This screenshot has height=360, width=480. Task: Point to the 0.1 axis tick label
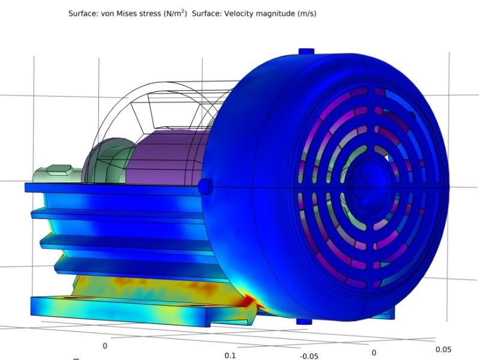pyautogui.click(x=230, y=355)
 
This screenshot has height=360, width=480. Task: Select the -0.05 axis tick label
pyautogui.click(x=309, y=355)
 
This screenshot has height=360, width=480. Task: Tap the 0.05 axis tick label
pyautogui.click(x=443, y=349)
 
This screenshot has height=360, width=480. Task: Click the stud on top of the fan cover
pyautogui.click(x=306, y=52)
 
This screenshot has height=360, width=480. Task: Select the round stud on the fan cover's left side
pyautogui.click(x=205, y=187)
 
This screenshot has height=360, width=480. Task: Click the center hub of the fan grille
pyautogui.click(x=362, y=187)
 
